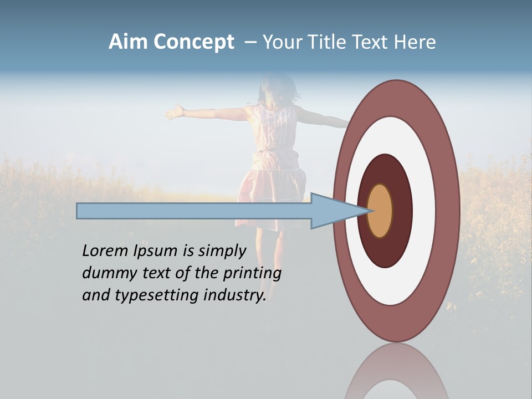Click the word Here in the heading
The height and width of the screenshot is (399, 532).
click(415, 42)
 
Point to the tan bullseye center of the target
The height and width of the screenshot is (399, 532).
click(380, 211)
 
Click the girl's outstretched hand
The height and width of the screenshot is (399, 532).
click(175, 112)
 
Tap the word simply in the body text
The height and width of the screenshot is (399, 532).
click(222, 252)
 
